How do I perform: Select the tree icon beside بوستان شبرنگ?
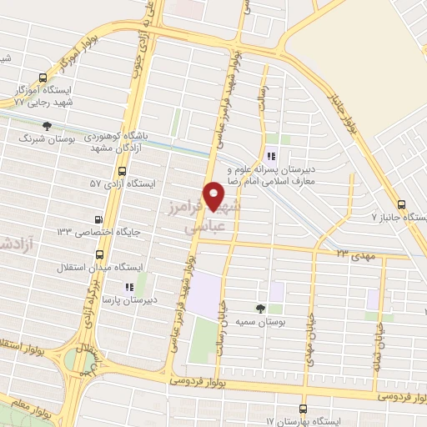click(x=47, y=125)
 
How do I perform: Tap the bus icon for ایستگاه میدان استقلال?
click(x=99, y=254)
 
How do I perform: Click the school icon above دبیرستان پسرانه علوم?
click(x=270, y=155)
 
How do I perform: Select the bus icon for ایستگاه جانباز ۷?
click(x=402, y=203)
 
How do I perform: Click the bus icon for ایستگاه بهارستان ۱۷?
click(x=302, y=408)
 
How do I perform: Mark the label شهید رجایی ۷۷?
click(x=43, y=101)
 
